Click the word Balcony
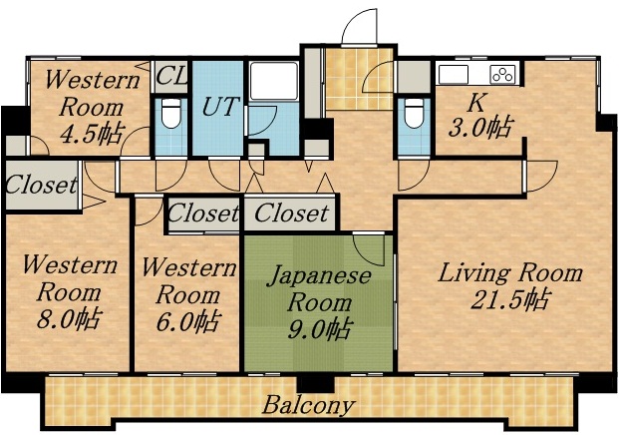(x=308, y=405)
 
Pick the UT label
(x=220, y=107)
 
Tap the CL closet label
(x=171, y=76)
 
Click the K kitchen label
(x=476, y=101)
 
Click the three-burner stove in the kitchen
(x=502, y=74)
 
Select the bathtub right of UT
(x=268, y=80)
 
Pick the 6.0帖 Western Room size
(x=187, y=321)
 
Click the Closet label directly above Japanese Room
(x=291, y=214)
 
